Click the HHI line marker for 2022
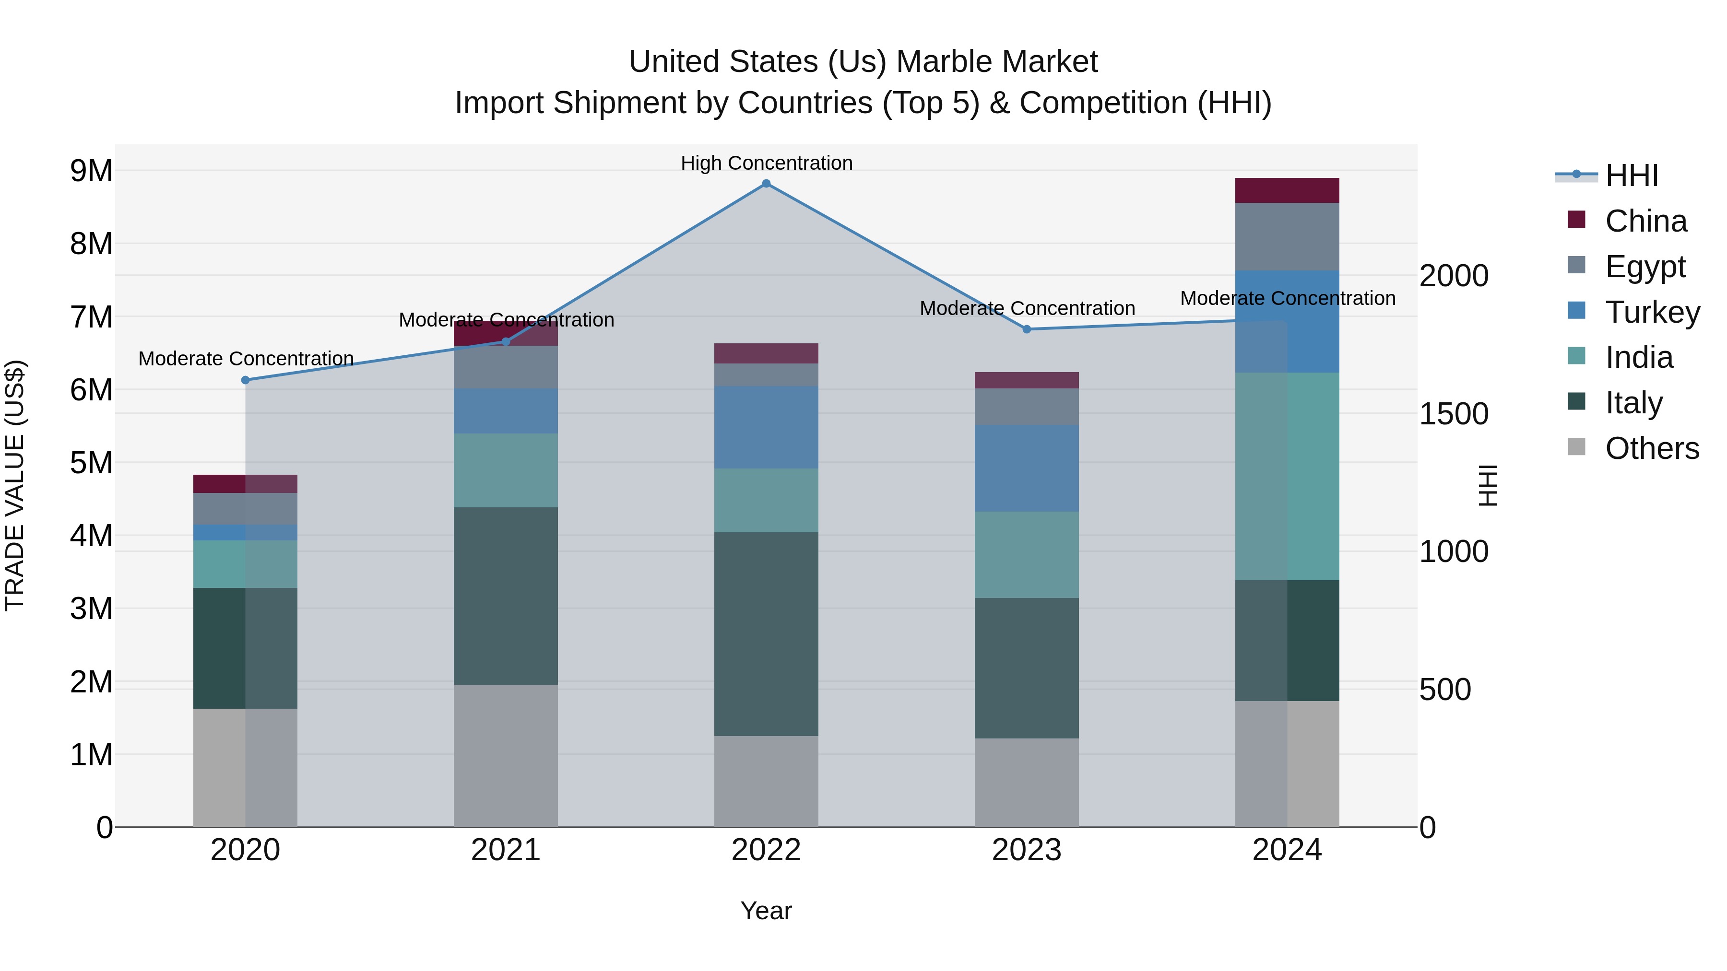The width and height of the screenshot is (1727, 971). pyautogui.click(x=766, y=184)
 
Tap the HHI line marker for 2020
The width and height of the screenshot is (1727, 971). pyautogui.click(x=245, y=380)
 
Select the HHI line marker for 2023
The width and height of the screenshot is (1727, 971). pyautogui.click(x=1027, y=329)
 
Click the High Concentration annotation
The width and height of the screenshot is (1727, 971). pyautogui.click(x=766, y=163)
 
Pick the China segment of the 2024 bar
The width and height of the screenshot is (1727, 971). pyautogui.click(x=1287, y=190)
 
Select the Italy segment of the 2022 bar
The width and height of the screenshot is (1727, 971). pyautogui.click(x=766, y=633)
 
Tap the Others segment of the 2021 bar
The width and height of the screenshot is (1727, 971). pyautogui.click(x=506, y=755)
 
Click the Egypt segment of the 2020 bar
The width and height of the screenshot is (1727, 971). pyautogui.click(x=245, y=509)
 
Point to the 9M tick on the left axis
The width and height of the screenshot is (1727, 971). pyautogui.click(x=91, y=171)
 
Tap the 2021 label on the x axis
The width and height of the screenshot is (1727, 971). pyautogui.click(x=506, y=850)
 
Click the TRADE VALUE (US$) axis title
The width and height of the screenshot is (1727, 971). pyautogui.click(x=15, y=485)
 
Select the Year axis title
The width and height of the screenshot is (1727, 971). pyautogui.click(x=766, y=911)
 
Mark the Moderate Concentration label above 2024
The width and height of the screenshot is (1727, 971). pyautogui.click(x=1287, y=298)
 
